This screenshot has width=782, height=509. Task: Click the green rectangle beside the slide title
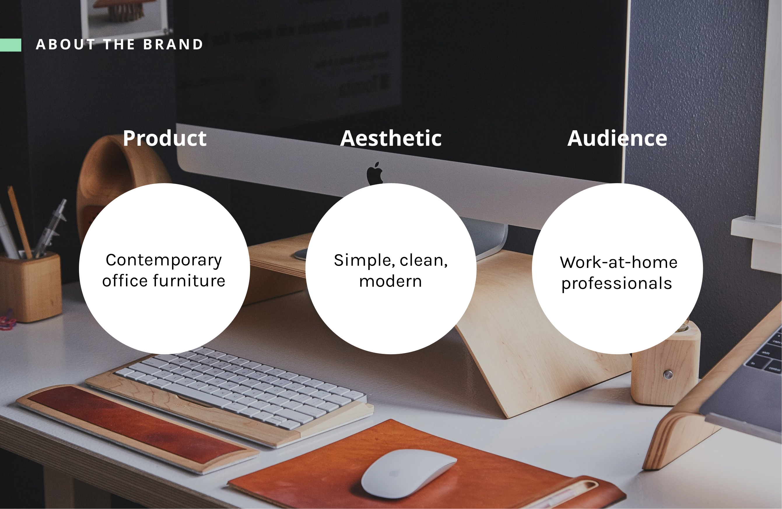(x=10, y=45)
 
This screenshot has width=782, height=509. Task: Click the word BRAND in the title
(x=173, y=45)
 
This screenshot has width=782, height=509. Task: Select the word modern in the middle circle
(x=390, y=281)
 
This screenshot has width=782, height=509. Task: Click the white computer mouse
(x=408, y=473)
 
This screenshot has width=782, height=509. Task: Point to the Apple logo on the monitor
(x=375, y=173)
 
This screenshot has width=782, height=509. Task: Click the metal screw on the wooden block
(x=668, y=374)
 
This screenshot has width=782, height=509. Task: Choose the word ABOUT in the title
(x=65, y=45)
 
